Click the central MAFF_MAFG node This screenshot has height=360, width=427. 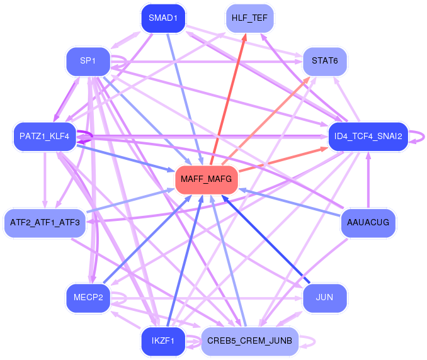206,180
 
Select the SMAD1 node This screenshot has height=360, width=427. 162,19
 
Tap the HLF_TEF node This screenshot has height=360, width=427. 249,19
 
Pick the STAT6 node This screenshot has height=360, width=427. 324,61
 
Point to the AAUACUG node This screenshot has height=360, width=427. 368,223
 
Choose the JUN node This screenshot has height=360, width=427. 324,296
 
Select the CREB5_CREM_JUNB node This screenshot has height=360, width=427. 249,341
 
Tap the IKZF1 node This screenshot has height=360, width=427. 162,341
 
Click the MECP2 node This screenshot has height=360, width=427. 88,296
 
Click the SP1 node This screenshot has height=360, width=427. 88,61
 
